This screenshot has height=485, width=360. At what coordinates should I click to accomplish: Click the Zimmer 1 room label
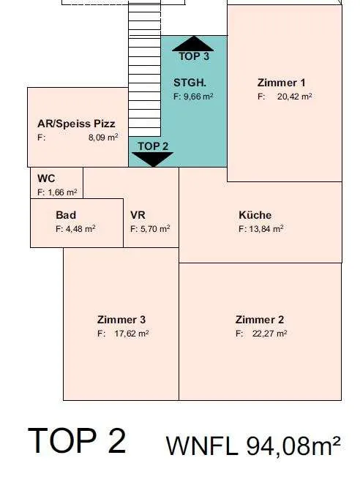click(x=281, y=83)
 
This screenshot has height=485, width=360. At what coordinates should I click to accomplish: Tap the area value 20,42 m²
click(x=294, y=97)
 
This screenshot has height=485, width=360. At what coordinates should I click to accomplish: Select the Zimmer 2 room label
click(x=260, y=320)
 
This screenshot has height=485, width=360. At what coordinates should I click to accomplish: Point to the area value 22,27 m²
click(x=270, y=334)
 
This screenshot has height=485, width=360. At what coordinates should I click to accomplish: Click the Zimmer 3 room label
click(x=121, y=320)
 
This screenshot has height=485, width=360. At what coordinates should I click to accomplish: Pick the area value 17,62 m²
click(x=132, y=334)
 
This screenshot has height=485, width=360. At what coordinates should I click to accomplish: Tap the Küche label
click(x=255, y=215)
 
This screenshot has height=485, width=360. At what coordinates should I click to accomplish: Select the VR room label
click(x=138, y=215)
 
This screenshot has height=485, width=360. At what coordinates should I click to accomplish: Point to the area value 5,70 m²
click(x=155, y=229)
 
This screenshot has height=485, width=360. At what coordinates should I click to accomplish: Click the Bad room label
click(x=66, y=215)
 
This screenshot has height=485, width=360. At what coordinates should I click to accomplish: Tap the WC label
click(x=46, y=178)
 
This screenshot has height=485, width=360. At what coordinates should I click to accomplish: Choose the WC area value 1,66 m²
click(x=62, y=192)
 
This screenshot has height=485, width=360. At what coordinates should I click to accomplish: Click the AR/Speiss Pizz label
click(x=76, y=124)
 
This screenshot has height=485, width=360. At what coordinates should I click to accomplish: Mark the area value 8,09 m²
click(x=103, y=138)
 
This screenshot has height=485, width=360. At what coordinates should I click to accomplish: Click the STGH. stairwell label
click(x=190, y=83)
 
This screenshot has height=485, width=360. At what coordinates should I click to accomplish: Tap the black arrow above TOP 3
click(x=193, y=44)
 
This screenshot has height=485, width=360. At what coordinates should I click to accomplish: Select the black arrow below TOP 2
click(x=152, y=159)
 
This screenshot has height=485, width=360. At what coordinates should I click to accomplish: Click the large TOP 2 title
click(x=77, y=440)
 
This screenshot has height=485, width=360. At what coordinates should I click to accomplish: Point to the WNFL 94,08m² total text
click(x=253, y=445)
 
